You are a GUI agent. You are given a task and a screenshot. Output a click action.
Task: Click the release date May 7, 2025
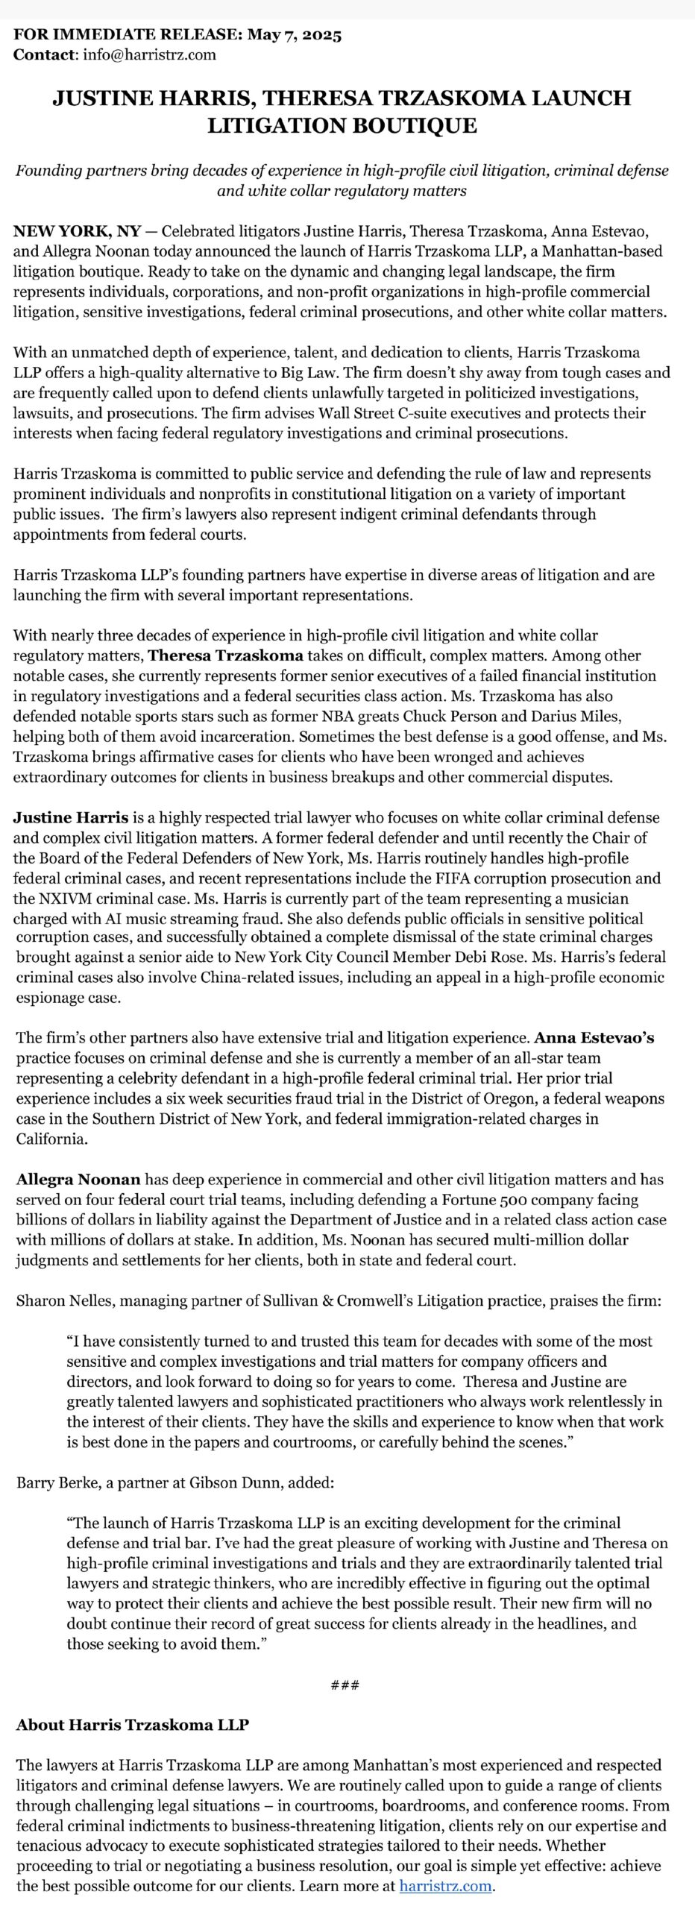point(294,34)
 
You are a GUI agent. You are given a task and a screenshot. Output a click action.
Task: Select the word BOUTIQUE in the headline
point(402,125)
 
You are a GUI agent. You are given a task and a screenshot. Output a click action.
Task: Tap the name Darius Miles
point(579,717)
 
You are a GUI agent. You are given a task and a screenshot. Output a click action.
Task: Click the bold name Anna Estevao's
point(594,1038)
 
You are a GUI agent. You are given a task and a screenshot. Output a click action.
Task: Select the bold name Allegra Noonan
point(78,1180)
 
